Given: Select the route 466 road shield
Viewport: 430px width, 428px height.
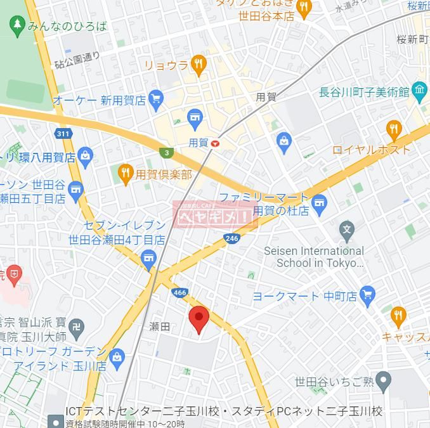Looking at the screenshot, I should (x=178, y=293).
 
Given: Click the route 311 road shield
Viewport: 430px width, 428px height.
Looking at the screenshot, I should (x=63, y=134).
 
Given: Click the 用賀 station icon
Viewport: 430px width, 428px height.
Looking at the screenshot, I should (x=216, y=143).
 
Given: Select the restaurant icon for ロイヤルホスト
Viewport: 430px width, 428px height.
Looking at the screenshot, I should (x=394, y=130).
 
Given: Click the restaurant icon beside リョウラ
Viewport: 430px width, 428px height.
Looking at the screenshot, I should (x=199, y=64).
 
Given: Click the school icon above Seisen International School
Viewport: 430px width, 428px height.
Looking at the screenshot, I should (x=346, y=230).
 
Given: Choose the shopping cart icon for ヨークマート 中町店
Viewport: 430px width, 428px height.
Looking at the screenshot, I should (x=367, y=295).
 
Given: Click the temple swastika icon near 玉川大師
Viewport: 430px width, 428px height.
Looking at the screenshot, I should (x=76, y=327).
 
